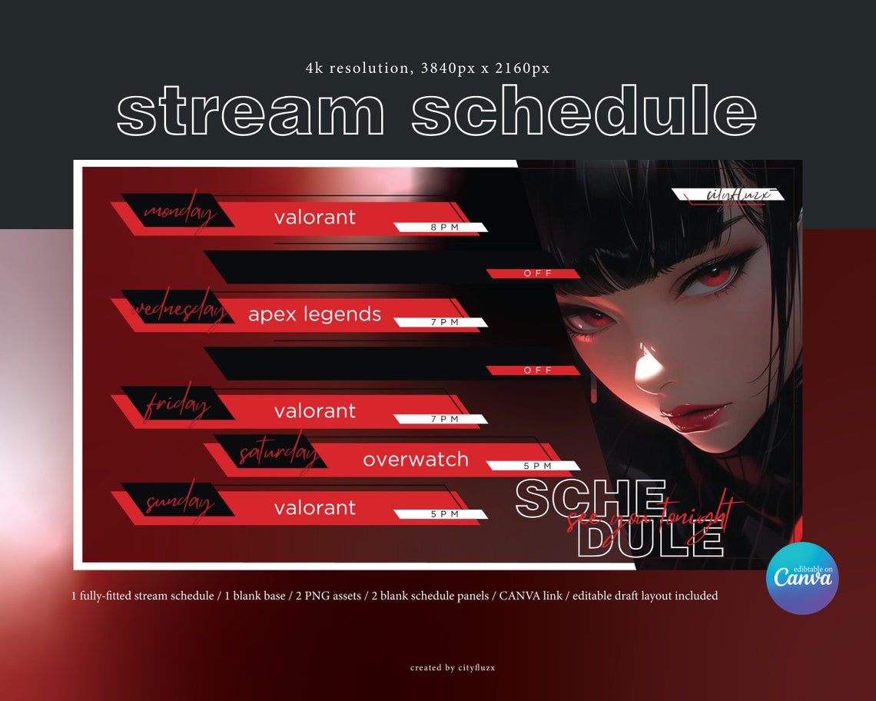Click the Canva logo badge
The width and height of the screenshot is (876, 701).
[802, 577]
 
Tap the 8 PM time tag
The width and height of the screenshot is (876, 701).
[444, 228]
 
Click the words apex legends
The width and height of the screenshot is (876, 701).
[314, 314]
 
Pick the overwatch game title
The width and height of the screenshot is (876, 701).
[416, 460]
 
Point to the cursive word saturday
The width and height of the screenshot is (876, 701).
[277, 453]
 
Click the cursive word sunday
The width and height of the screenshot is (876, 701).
[178, 503]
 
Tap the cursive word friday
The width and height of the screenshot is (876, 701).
[177, 406]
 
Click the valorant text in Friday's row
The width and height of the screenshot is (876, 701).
[314, 411]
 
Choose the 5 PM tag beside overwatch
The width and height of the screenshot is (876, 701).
[537, 466]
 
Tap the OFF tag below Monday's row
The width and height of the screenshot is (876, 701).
[537, 274]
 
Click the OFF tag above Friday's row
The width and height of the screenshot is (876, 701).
[537, 370]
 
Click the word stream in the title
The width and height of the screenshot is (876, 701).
[251, 113]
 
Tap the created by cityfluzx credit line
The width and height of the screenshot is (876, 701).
[452, 668]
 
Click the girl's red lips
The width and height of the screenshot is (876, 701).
[695, 417]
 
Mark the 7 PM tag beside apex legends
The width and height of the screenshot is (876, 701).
[444, 322]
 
